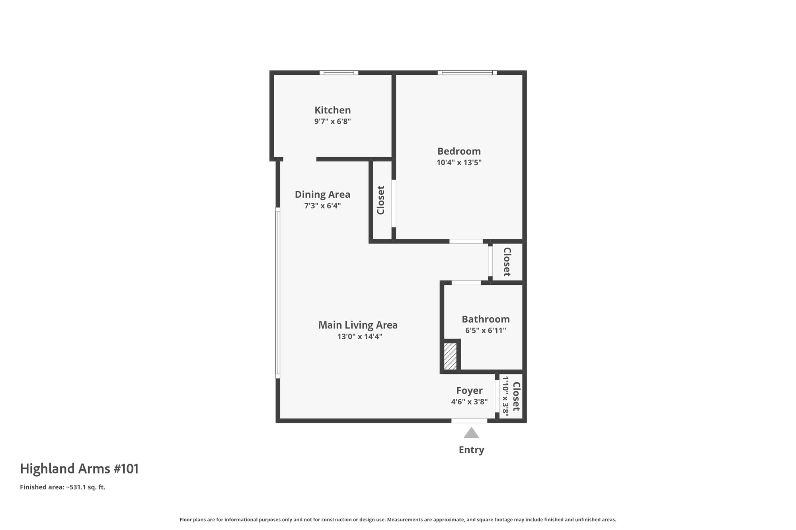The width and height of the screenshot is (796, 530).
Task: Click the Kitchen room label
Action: (333, 110)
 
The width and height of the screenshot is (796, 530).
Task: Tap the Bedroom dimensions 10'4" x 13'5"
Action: (459, 162)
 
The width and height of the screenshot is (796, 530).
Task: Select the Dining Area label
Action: (322, 194)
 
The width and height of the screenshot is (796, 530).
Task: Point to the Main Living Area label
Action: (358, 325)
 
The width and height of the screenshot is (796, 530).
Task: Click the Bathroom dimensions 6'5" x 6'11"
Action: (486, 330)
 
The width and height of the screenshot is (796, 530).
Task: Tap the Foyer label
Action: (469, 391)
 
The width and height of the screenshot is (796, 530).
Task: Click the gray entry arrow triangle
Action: (471, 433)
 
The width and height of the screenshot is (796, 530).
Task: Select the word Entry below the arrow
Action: (471, 450)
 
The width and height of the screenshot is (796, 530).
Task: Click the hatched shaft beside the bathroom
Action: (450, 356)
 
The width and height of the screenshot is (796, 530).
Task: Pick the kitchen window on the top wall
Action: (339, 73)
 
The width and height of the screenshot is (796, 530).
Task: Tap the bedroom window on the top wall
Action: (467, 73)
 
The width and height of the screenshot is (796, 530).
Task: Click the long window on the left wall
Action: (278, 293)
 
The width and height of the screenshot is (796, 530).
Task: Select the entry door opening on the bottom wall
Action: (469, 421)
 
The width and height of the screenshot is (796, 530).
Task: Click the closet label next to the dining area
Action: (381, 200)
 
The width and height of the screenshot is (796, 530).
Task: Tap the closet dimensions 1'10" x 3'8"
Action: (505, 396)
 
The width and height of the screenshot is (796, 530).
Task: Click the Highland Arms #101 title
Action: (79, 469)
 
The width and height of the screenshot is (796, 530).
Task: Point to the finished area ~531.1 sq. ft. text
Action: (62, 487)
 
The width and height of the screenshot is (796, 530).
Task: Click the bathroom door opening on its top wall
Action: (466, 283)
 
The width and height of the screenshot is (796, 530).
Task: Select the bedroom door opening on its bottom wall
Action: (466, 241)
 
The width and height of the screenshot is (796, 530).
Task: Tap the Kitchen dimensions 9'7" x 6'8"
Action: (333, 121)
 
